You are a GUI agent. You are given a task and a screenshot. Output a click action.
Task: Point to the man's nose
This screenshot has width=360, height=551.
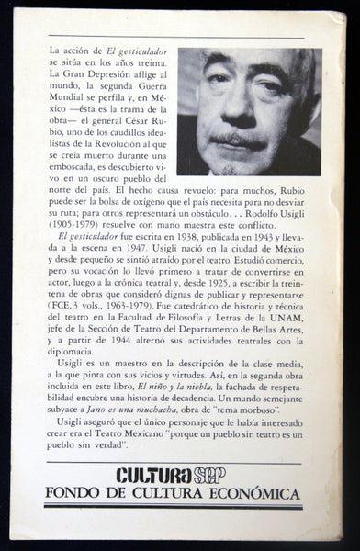click(242, 118)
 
